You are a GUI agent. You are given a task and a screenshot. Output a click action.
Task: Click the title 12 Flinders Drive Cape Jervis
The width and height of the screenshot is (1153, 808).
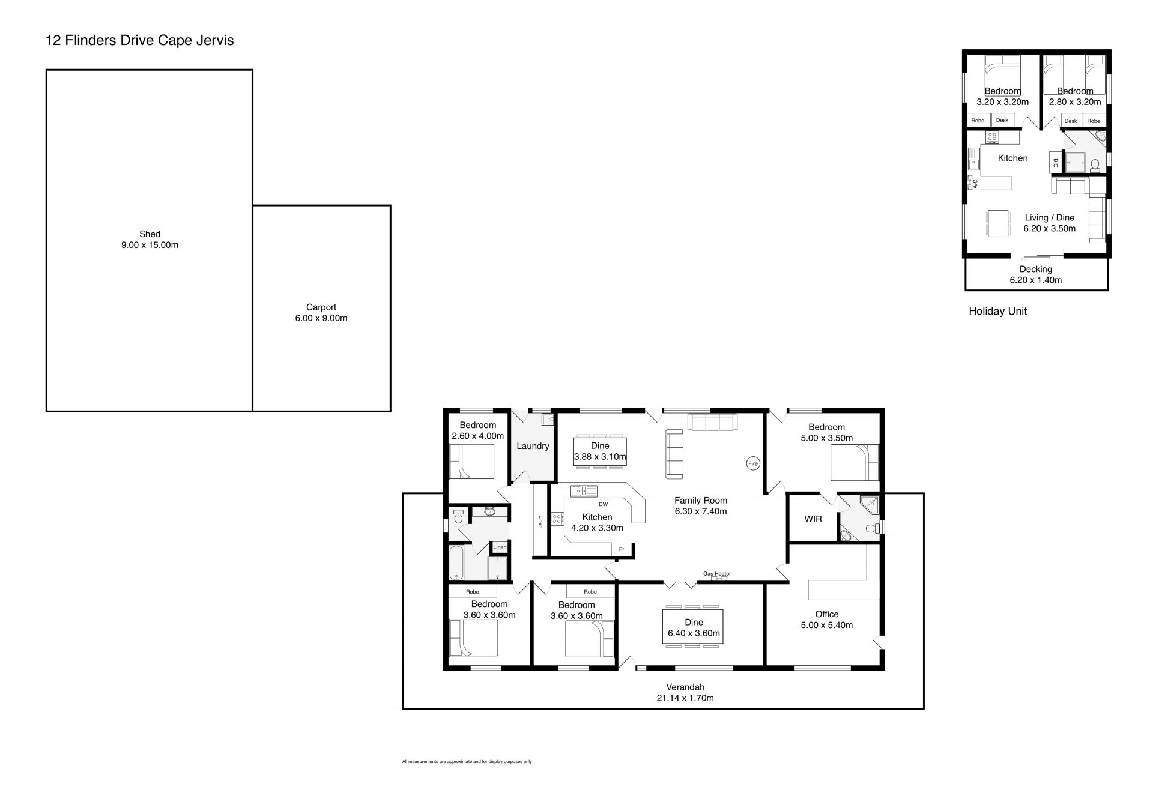tap(140, 41)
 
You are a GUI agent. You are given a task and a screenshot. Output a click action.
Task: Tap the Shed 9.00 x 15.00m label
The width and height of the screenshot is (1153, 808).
tap(150, 240)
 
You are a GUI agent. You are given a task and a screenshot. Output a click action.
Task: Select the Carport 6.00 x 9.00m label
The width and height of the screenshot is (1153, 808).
tap(321, 313)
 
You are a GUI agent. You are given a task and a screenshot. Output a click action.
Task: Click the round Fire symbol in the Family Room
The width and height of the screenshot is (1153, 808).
tap(753, 463)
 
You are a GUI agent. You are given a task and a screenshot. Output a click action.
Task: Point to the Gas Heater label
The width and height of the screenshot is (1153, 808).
tap(717, 574)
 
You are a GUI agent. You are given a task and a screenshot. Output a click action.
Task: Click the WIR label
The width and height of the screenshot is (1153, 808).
tap(813, 519)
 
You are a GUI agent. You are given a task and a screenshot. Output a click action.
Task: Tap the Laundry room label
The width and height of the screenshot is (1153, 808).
tap(533, 446)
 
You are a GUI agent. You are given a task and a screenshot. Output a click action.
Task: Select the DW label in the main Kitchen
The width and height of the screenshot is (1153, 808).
tap(603, 504)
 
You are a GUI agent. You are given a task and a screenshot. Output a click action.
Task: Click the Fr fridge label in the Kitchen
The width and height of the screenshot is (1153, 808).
tap(622, 549)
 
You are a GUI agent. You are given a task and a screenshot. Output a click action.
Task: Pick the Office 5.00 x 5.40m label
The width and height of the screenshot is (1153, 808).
tap(827, 620)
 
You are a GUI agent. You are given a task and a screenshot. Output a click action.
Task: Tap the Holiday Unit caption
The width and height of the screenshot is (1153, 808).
tap(997, 311)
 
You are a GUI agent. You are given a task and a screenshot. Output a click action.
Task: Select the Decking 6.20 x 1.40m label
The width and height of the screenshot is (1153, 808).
tap(1036, 274)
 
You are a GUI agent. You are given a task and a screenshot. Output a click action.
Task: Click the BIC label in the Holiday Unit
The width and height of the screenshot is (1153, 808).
tap(1055, 163)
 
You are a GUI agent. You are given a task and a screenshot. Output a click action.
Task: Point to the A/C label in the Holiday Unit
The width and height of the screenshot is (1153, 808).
tap(975, 184)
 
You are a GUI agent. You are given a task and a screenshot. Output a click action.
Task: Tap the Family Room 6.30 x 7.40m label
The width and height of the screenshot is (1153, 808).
tap(701, 505)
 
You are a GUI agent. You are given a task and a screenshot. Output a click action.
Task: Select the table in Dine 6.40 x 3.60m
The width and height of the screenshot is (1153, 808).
tap(693, 627)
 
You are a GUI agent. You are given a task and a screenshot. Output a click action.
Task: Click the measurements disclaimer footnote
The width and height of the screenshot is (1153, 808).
tap(467, 762)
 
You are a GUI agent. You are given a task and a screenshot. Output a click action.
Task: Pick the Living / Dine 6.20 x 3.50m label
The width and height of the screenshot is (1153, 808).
tap(1049, 223)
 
